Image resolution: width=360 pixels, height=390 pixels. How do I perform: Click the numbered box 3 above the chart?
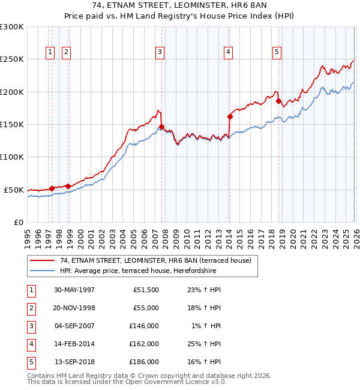pyautogui.click(x=160, y=53)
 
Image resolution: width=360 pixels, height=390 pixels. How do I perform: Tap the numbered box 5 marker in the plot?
pyautogui.click(x=277, y=53)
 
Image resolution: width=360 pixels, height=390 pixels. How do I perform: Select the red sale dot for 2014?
pyautogui.click(x=230, y=116)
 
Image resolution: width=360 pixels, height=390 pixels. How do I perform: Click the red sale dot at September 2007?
pyautogui.click(x=162, y=127)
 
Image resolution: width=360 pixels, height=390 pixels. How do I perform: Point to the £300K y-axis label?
pyautogui.click(x=12, y=27)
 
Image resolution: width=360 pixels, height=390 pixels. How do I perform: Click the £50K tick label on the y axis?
pyautogui.click(x=14, y=190)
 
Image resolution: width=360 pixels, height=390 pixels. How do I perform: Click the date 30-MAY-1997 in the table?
pyautogui.click(x=74, y=290)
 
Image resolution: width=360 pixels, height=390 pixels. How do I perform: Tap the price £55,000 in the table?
pyautogui.click(x=146, y=308)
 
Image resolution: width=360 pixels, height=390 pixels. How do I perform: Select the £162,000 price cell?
pyautogui.click(x=144, y=344)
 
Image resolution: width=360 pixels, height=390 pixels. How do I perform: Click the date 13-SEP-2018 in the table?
pyautogui.click(x=74, y=362)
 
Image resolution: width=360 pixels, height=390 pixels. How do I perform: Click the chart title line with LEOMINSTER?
pyautogui.click(x=179, y=8)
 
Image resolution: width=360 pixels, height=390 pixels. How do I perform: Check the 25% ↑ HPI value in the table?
pyautogui.click(x=204, y=344)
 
